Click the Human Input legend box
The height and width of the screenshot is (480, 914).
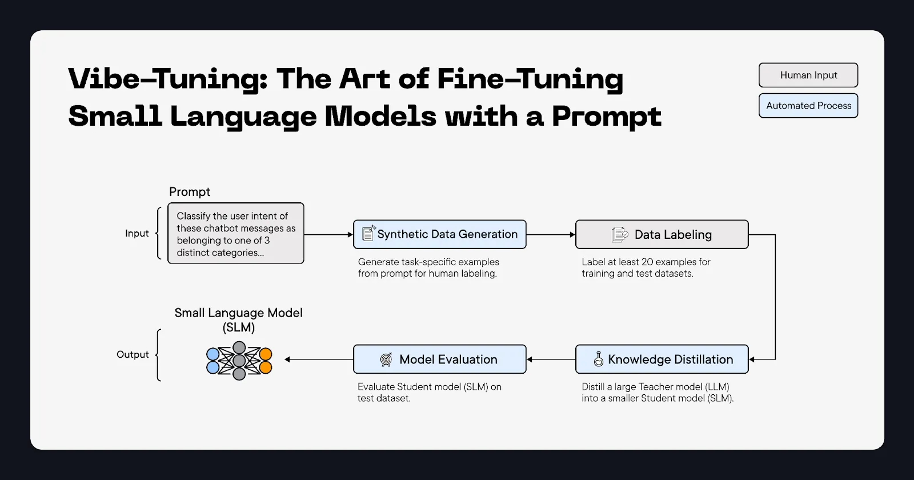tap(808, 75)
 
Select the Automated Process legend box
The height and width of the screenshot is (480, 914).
tap(808, 106)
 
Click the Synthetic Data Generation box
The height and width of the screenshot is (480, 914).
tap(439, 234)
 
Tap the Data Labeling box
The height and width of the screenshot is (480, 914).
tap(662, 234)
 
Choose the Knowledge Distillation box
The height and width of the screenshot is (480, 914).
tap(662, 359)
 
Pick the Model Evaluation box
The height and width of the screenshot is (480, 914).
tap(439, 359)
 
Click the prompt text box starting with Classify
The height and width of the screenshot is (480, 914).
tap(235, 234)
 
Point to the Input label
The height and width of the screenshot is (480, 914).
tap(137, 234)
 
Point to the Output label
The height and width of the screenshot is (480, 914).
tap(133, 355)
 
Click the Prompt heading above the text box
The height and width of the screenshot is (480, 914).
tap(190, 192)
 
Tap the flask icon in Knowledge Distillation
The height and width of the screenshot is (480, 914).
tap(599, 359)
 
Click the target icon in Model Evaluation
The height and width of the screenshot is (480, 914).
tap(386, 359)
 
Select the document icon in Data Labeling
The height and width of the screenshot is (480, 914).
tap(619, 234)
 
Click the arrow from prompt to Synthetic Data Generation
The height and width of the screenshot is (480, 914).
tap(328, 234)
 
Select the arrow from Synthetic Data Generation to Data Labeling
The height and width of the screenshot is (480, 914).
tap(550, 234)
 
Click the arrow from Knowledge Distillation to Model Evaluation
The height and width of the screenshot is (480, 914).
tap(551, 359)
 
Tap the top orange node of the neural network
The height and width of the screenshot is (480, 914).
tap(265, 354)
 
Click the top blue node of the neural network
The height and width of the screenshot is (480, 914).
tap(213, 354)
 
